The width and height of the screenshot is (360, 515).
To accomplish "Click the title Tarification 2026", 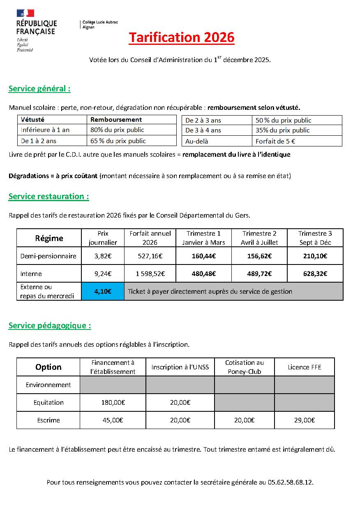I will (x=181, y=37).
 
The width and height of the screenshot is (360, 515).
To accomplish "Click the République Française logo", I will (x=36, y=30).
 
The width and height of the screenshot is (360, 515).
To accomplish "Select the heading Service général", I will (x=39, y=88).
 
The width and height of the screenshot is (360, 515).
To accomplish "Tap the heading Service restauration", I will (x=48, y=196).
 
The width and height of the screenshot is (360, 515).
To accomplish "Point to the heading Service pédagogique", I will (x=50, y=325).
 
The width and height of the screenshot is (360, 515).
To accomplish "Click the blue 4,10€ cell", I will (x=103, y=291).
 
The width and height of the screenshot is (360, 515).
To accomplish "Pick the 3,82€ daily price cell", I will (x=103, y=256).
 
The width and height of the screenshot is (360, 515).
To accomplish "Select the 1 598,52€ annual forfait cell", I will (x=150, y=274).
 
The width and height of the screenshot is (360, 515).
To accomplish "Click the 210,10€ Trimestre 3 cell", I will (x=315, y=256).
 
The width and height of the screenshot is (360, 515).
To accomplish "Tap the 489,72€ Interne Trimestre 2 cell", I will (x=259, y=274).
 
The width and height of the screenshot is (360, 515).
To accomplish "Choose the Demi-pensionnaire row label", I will (x=48, y=256).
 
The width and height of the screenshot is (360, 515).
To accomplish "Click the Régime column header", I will (x=49, y=238).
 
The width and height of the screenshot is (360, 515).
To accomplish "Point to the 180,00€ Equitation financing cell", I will (x=113, y=403).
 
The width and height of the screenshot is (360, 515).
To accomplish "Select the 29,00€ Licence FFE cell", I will (x=305, y=420).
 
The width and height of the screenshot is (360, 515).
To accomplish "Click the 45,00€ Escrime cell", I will (x=113, y=420).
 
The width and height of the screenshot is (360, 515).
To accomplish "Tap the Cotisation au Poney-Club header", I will (x=245, y=367).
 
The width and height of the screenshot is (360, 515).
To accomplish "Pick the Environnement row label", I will (x=48, y=385).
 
